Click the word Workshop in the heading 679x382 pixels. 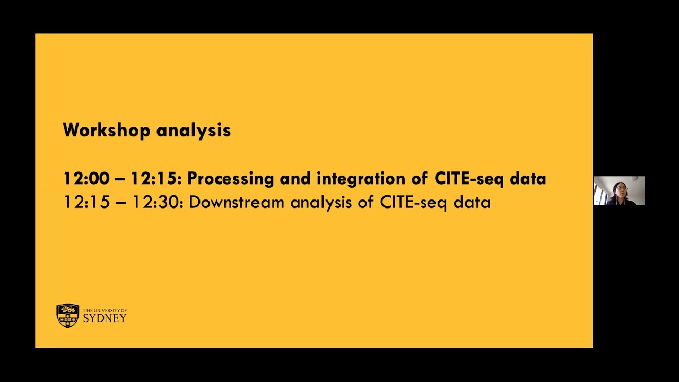coord(107,130)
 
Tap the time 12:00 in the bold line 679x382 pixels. coord(86,179)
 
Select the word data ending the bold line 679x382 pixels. coord(528,179)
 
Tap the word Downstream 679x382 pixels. coord(237,202)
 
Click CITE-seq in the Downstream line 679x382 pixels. coord(413,203)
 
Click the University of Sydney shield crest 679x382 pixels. coord(68,316)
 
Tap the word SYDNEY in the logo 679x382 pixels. coord(105,318)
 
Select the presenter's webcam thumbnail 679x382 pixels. coord(619,190)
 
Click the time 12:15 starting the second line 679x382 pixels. coord(86,202)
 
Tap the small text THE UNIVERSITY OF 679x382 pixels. coord(105,311)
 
